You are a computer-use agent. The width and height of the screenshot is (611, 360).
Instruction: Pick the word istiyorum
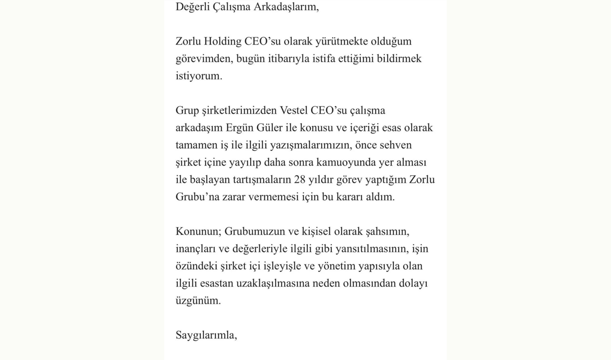(x=199, y=76)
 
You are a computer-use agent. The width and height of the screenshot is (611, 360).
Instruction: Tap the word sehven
(x=395, y=145)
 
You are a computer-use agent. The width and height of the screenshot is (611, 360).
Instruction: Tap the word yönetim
(x=336, y=266)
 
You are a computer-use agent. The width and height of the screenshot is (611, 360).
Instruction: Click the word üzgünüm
(x=198, y=301)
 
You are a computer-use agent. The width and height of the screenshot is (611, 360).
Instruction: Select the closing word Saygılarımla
(x=206, y=335)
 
